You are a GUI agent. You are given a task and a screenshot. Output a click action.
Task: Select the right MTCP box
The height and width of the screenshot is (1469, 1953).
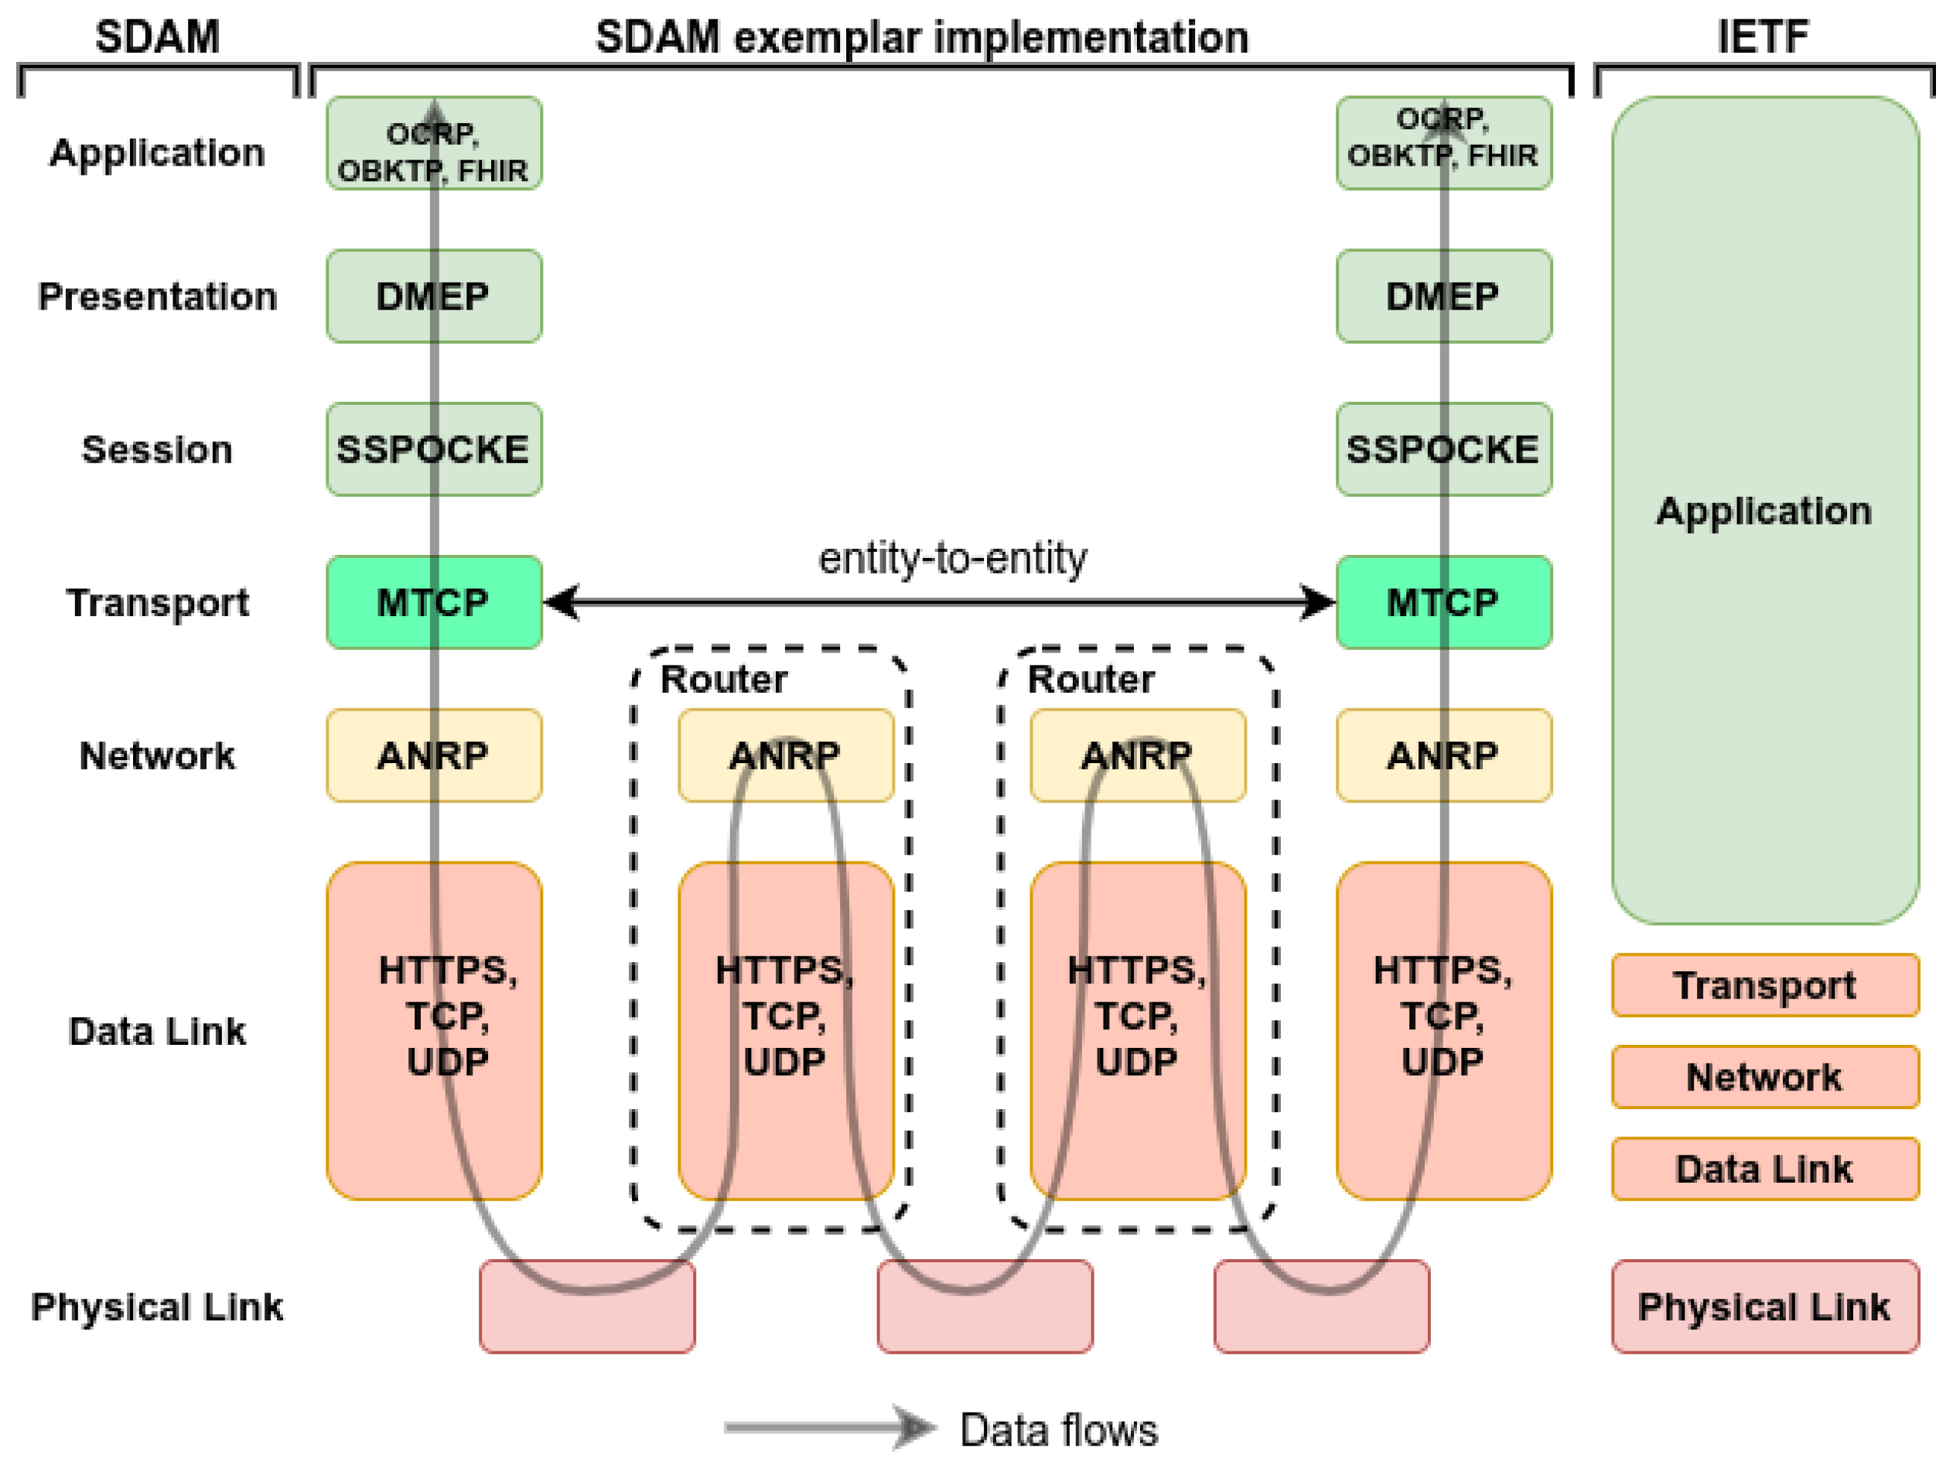(x=1444, y=602)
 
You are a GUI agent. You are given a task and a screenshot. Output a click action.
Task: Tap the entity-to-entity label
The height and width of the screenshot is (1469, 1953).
(x=953, y=558)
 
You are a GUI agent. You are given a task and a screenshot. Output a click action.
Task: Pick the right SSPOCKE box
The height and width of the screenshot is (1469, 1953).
(x=1444, y=449)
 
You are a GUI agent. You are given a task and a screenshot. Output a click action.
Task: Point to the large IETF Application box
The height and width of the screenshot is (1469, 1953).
(x=1766, y=511)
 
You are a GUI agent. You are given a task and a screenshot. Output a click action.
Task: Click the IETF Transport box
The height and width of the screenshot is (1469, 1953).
(x=1766, y=985)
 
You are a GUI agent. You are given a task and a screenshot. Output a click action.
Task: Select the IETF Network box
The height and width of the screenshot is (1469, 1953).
(x=1766, y=1077)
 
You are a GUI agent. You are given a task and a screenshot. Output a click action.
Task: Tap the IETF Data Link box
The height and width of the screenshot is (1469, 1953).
(x=1766, y=1169)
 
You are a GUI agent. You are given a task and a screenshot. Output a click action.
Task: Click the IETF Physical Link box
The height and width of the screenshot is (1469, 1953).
(x=1766, y=1306)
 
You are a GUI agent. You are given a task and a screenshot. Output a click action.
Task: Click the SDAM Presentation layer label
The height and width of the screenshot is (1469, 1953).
(x=157, y=296)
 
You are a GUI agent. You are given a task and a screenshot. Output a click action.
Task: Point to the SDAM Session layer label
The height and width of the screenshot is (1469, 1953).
(x=157, y=450)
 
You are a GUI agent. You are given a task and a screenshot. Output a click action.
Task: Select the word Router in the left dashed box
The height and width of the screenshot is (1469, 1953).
(x=724, y=680)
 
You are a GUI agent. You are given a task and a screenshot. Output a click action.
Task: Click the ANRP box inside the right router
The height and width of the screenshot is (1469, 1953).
(x=1138, y=755)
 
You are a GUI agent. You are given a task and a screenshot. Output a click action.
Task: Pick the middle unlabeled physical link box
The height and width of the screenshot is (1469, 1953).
(x=985, y=1306)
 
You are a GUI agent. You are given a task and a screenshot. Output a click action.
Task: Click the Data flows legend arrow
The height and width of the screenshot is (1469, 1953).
(x=830, y=1427)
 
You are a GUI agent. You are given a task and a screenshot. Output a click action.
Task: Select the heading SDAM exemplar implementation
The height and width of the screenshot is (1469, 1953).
(x=922, y=37)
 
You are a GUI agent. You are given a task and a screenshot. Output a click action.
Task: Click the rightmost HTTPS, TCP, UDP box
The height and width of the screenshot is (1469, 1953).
(x=1444, y=1031)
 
